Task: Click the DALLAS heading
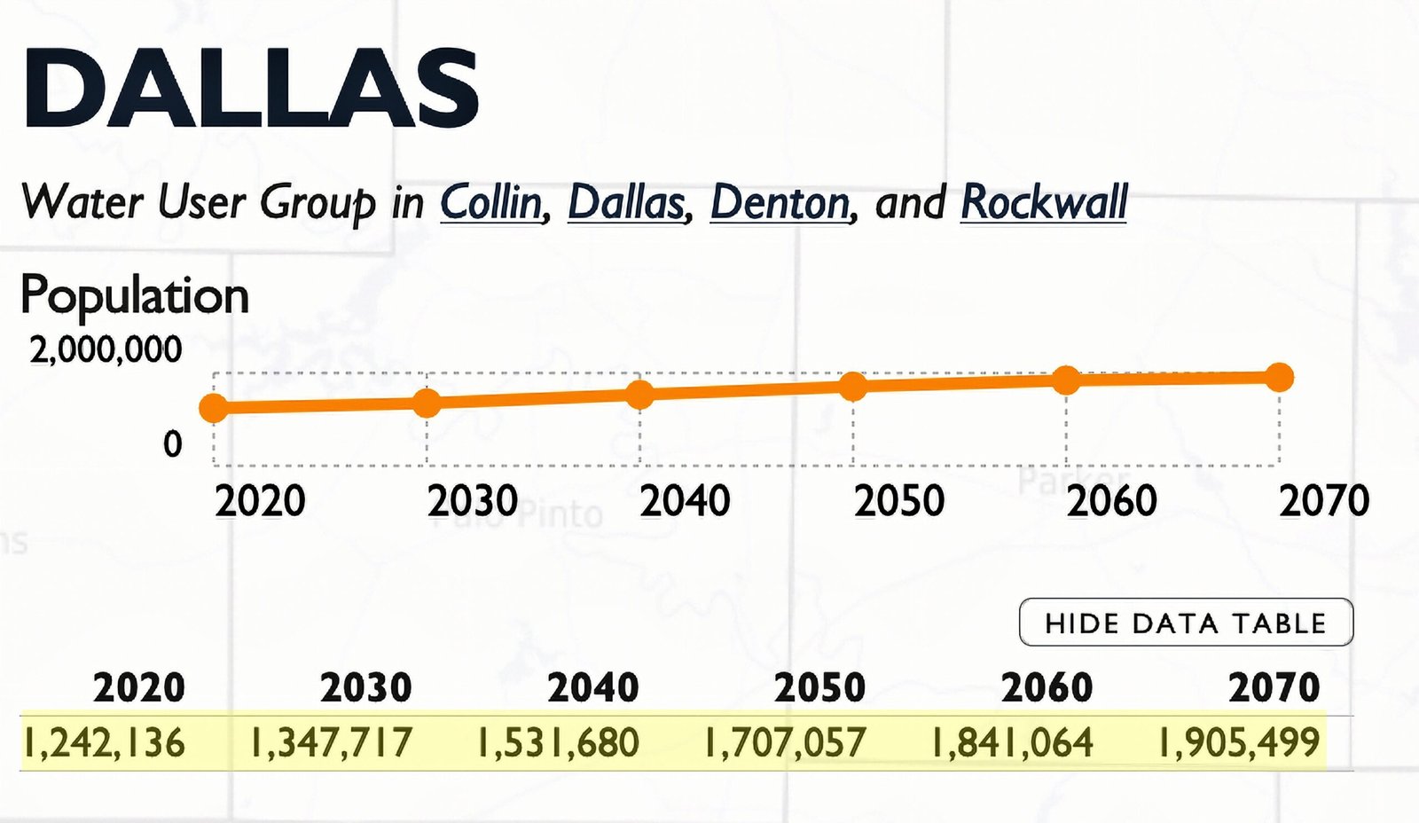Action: (250, 89)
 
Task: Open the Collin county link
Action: (492, 202)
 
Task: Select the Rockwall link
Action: (1043, 202)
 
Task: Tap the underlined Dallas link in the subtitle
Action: (626, 202)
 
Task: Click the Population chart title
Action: (134, 295)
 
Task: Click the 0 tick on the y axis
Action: (172, 443)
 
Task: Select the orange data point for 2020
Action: (214, 407)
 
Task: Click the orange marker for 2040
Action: (639, 394)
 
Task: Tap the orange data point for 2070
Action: (1279, 377)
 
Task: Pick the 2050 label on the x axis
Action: (898, 501)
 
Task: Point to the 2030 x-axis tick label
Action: (472, 501)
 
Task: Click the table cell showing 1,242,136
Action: (104, 742)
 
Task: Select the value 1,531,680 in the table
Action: (558, 742)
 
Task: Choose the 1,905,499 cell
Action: (1238, 742)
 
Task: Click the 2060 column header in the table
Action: (1047, 687)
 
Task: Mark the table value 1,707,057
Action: (784, 742)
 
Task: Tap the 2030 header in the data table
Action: (365, 687)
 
